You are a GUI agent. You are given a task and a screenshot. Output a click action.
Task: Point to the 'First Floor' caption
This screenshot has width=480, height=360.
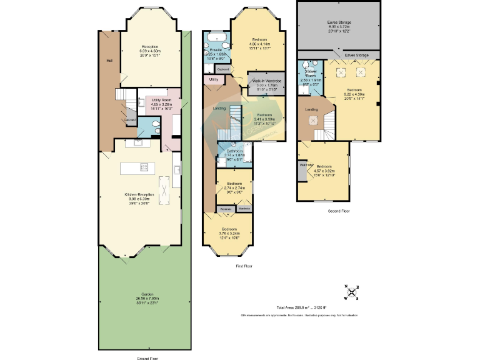(244, 266)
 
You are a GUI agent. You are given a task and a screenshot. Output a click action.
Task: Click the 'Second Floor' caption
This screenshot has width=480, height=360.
(339, 211)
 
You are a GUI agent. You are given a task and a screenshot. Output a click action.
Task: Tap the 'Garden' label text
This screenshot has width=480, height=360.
(147, 294)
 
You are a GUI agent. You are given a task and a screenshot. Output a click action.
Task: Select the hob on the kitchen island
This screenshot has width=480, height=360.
(143, 167)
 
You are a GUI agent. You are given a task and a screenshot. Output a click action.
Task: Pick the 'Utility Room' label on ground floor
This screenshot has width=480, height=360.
(157, 100)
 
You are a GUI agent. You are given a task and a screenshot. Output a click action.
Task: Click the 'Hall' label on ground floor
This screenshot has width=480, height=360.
(109, 61)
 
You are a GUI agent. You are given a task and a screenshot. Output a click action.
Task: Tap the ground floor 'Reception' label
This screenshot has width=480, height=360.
(149, 47)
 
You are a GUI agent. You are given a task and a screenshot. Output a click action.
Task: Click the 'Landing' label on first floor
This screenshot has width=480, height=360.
(220, 108)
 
